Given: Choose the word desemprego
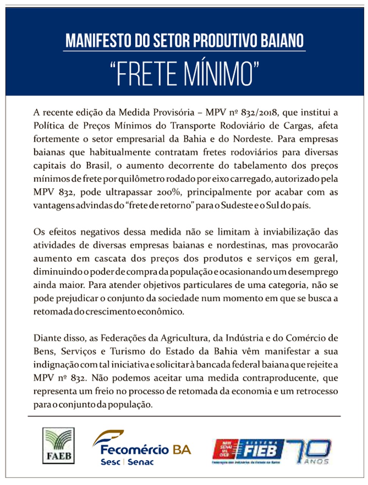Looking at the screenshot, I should pyautogui.click(x=313, y=272).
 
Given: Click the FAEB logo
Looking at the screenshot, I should pyautogui.click(x=58, y=446).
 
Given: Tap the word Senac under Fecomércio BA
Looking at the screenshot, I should pyautogui.click(x=141, y=462).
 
